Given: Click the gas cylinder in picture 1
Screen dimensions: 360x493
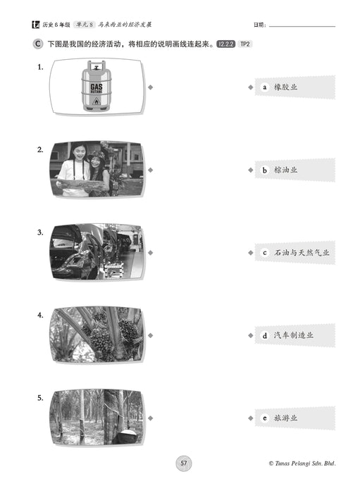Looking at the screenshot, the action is pos(97,86).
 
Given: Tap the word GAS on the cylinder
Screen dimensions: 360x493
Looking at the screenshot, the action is pos(97,87).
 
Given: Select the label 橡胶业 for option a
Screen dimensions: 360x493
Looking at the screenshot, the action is pos(285,87).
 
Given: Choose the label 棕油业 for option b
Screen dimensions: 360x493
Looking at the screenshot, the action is pos(285,170).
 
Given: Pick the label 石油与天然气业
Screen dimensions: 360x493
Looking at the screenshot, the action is pos(302,252).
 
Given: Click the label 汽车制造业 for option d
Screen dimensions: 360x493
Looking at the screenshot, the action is pos(293,335).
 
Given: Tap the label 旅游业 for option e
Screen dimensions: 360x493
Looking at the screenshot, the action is pos(285,418).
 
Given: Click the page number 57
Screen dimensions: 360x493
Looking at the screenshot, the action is pos(184,463).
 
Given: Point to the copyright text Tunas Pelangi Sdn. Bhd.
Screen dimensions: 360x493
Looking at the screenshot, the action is pos(302,463).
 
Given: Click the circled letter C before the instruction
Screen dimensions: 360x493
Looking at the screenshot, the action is pos(38,44).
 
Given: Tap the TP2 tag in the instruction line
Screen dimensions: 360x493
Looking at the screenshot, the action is pos(244,44).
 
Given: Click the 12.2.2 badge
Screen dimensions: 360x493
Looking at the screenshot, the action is pos(225,44).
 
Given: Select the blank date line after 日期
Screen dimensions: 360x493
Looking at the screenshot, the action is pos(302,27).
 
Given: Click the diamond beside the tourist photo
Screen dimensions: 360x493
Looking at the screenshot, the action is pos(151,170).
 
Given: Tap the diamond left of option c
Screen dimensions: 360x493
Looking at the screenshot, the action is pos(251,252).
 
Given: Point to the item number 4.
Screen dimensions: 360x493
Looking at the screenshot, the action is pos(40,315).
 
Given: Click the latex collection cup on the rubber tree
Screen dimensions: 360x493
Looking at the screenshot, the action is pos(125,435).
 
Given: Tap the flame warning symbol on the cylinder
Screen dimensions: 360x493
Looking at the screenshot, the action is pos(97,101).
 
